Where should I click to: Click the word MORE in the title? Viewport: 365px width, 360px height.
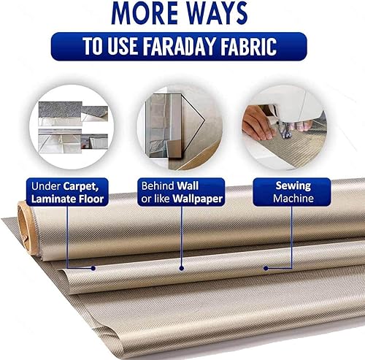point(145,13)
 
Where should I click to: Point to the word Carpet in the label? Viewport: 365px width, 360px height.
point(81,187)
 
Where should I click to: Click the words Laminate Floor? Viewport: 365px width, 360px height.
point(67,199)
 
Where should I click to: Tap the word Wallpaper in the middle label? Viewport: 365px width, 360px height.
point(197,199)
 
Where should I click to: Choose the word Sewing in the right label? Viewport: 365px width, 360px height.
point(293,186)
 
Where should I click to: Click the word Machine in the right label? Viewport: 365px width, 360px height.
point(293,199)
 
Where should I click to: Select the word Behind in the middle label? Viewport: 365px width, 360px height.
point(158,186)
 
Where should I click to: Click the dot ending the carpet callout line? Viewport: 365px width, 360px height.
point(93,268)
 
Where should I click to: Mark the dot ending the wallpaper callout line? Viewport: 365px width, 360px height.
point(181,268)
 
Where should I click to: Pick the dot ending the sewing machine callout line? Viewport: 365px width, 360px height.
point(266,268)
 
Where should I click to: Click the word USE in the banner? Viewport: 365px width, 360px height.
point(123,46)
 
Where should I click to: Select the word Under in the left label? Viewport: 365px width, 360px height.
point(46,186)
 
